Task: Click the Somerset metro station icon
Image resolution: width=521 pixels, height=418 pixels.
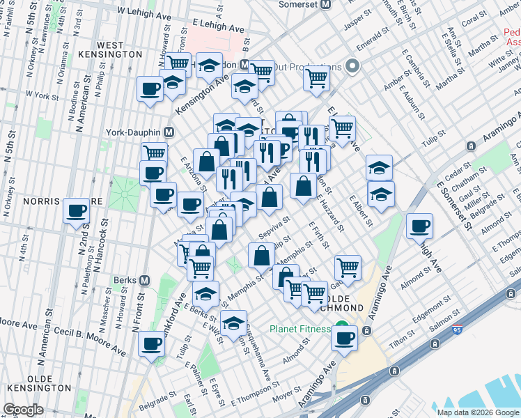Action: (x=324, y=4)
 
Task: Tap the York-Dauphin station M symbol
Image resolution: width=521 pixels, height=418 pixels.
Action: (x=168, y=131)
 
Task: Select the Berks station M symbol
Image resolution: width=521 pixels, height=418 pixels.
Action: (x=144, y=280)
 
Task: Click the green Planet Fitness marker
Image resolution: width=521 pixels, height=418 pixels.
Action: (x=341, y=325)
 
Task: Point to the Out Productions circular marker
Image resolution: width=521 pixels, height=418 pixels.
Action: (x=352, y=67)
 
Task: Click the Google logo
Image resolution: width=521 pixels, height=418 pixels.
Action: (x=22, y=410)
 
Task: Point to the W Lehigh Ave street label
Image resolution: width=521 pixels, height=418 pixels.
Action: (x=143, y=11)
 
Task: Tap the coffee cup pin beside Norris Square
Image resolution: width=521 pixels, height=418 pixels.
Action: (x=76, y=210)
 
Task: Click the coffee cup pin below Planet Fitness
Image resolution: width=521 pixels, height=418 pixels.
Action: (x=344, y=337)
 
